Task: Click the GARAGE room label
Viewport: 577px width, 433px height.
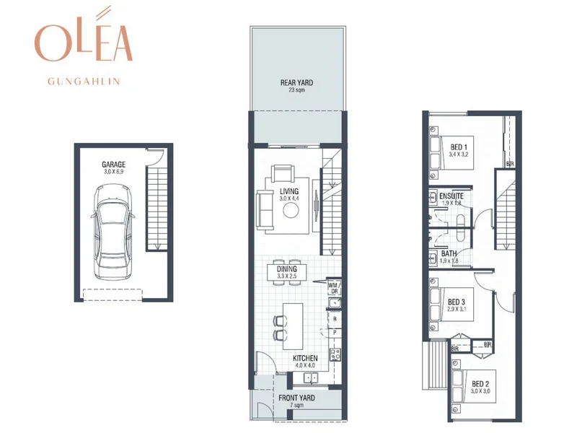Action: pos(113,165)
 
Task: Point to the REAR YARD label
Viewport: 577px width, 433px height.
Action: pos(297,83)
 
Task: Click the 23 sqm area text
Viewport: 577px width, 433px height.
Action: pos(297,91)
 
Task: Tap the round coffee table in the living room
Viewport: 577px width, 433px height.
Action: pos(291,210)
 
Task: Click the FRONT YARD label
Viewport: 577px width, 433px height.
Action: pos(297,398)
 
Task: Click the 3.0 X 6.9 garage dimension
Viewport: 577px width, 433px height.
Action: pos(113,172)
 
